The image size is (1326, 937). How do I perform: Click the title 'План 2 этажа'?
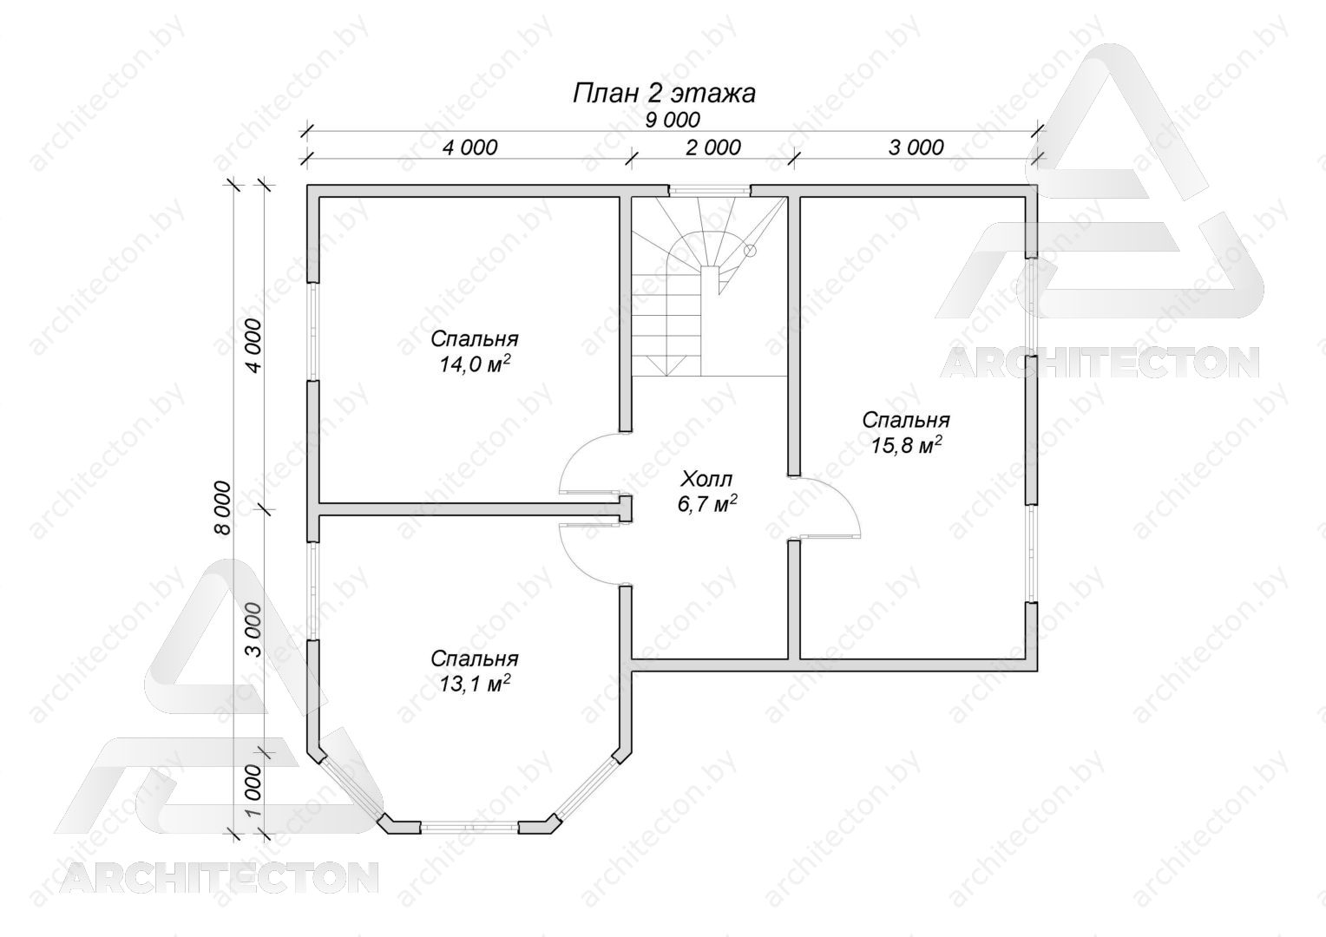pos(664,94)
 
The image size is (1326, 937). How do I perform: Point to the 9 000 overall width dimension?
pos(672,120)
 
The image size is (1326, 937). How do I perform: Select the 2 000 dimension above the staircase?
pos(713,147)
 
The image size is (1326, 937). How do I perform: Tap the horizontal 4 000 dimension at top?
pos(470,147)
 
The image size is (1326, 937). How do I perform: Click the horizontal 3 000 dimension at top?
pos(916,147)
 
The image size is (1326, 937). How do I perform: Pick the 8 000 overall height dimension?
pos(222,508)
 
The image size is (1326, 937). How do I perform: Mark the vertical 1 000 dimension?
pos(253,790)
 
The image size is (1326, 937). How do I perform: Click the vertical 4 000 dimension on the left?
pos(253,345)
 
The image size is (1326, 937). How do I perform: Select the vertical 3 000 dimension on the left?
pos(253,630)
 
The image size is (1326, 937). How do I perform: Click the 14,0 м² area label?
pos(474,364)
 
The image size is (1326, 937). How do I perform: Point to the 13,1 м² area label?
pos(474,684)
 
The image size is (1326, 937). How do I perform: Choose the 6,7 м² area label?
pos(706,504)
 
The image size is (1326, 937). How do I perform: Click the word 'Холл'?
pos(706,478)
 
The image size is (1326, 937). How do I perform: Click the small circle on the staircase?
pos(750,250)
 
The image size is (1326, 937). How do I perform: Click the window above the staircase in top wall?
pos(709,191)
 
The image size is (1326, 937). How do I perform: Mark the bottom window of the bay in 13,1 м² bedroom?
pos(469,827)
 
